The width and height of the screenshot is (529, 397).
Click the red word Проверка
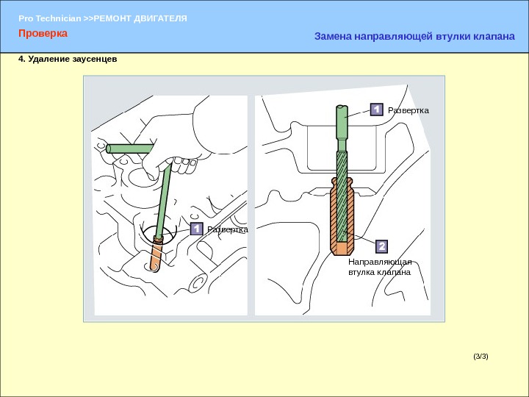(x=43, y=33)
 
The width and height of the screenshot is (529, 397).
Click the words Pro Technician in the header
(x=50, y=18)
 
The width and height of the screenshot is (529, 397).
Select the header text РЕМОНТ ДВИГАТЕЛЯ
(x=140, y=18)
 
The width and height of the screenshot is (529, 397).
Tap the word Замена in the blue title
(x=333, y=36)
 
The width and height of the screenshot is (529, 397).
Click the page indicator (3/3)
(x=481, y=357)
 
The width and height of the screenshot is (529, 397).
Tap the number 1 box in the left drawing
(x=196, y=229)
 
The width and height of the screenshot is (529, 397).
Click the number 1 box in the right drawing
(x=376, y=110)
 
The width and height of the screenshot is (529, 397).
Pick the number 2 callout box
(x=381, y=246)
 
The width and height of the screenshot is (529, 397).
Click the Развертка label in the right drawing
(x=409, y=110)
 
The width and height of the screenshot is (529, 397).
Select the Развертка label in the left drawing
(x=228, y=229)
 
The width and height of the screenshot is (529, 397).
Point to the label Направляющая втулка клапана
(x=380, y=267)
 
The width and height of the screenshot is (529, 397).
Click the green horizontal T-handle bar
(x=130, y=149)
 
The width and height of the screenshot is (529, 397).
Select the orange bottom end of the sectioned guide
(x=342, y=248)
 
